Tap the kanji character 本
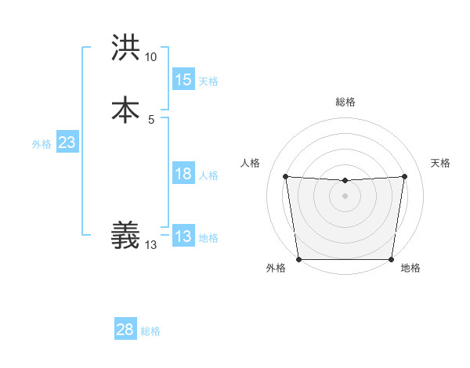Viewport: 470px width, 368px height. click(125, 109)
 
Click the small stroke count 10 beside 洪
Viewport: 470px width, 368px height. click(150, 57)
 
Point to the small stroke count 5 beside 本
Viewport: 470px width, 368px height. click(150, 119)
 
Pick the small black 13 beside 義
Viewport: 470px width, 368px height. click(150, 245)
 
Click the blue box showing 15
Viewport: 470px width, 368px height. click(183, 80)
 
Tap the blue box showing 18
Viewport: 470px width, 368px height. click(183, 175)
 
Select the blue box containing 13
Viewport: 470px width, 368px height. click(183, 236)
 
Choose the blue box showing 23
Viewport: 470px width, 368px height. click(67, 143)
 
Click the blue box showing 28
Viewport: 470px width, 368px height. click(125, 330)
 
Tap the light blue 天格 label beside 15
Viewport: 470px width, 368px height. click(208, 81)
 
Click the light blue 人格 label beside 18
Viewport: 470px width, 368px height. click(208, 175)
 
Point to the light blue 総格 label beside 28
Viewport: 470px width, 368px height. click(150, 331)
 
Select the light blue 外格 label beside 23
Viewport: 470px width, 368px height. click(42, 144)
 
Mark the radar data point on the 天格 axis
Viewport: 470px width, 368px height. click(405, 175)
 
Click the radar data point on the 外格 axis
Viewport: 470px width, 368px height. click(298, 258)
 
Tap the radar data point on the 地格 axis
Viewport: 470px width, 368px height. click(391, 259)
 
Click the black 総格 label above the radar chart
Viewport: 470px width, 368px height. click(345, 102)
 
